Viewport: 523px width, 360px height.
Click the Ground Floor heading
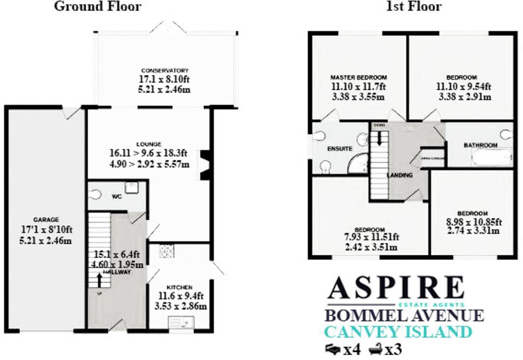[x=97, y=6]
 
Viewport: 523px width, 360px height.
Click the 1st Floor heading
[x=414, y=6]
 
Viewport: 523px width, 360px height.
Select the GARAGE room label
[x=46, y=219]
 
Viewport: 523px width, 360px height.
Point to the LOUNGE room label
[x=148, y=144]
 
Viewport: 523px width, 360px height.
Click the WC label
[x=116, y=196]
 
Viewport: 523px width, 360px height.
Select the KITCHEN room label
[x=180, y=287]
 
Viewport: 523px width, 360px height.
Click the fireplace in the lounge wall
[x=205, y=164]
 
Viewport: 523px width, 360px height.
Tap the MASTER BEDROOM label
[x=359, y=77]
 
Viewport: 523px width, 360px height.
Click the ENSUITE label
[x=340, y=149]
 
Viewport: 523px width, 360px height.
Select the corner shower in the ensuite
[x=359, y=164]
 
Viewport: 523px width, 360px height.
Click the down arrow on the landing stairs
[x=379, y=138]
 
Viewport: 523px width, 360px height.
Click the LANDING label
[x=400, y=175]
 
